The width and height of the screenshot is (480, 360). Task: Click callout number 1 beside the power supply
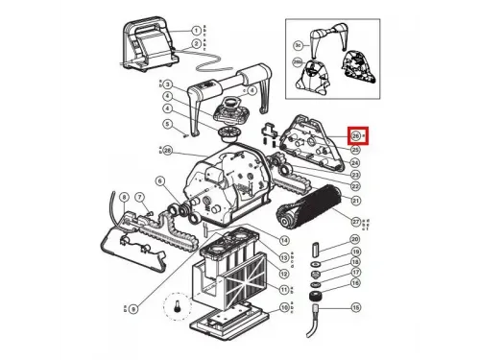point(196,31)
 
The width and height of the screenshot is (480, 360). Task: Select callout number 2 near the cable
point(196,44)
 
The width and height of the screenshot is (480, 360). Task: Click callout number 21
point(354,201)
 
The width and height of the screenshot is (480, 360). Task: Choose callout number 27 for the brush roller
point(354,222)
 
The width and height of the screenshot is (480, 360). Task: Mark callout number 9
point(132,307)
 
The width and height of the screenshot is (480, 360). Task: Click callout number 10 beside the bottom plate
point(283,307)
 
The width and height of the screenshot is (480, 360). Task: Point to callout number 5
point(167,123)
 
